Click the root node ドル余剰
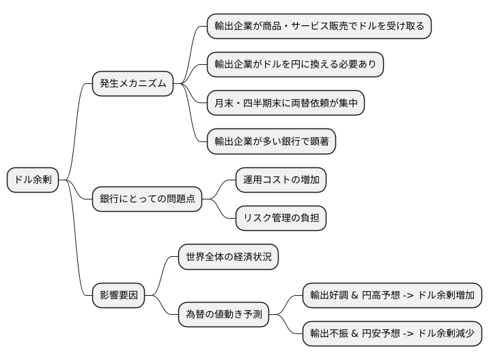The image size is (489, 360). click(x=33, y=180)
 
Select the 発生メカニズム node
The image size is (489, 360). click(x=132, y=84)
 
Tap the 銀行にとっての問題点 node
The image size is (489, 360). click(x=148, y=199)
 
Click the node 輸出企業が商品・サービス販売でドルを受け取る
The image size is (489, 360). click(x=319, y=27)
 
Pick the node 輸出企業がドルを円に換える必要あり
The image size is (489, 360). click(x=295, y=65)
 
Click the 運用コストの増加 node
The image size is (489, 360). click(x=281, y=180)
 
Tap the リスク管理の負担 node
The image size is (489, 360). click(x=281, y=219)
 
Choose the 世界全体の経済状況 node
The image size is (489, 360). click(x=228, y=257)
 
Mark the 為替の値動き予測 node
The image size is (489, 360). click(x=223, y=315)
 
